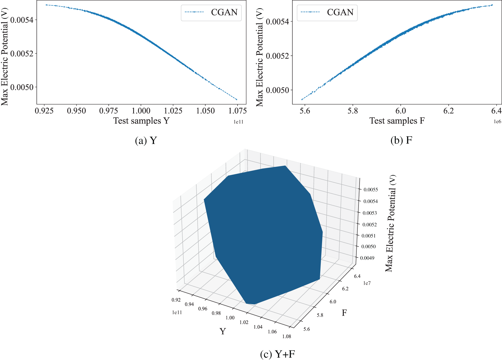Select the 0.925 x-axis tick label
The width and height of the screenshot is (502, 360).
[x=44, y=111]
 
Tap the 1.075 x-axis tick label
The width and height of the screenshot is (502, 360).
[x=237, y=111]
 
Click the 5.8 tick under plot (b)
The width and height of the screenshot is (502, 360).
[x=353, y=111]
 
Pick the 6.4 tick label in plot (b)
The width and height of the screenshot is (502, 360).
[x=496, y=111]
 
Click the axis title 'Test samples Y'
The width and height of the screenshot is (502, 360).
[x=141, y=121]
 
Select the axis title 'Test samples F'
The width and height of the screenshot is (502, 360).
[x=397, y=121]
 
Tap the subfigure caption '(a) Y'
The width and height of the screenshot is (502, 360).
[x=146, y=140]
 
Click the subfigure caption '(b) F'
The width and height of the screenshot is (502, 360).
[x=401, y=140]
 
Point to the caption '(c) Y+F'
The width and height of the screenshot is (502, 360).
[x=277, y=354]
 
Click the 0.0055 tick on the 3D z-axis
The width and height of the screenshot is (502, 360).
[x=371, y=190]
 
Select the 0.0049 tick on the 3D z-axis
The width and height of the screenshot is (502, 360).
[x=367, y=258]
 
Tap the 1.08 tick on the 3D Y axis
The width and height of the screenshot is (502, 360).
[x=287, y=336]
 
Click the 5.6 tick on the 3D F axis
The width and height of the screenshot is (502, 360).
[x=307, y=329]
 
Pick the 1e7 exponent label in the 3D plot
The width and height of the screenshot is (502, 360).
[x=367, y=283]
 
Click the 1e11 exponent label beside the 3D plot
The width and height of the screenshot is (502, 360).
[x=177, y=312]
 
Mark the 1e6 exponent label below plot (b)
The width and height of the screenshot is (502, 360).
[x=498, y=122]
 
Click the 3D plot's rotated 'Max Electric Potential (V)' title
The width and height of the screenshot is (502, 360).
[x=390, y=223]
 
